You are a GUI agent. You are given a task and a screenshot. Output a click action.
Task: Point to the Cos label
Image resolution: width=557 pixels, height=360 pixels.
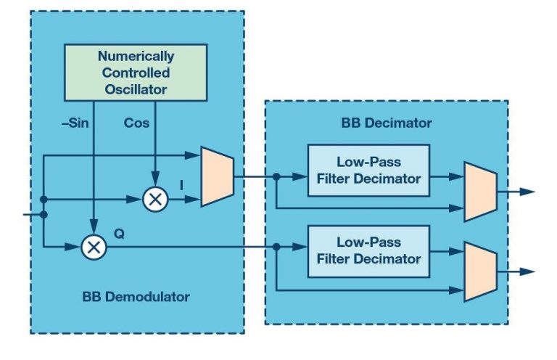coord(136,123)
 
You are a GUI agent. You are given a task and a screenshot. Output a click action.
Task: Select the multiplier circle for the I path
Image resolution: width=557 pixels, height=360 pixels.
coord(154,199)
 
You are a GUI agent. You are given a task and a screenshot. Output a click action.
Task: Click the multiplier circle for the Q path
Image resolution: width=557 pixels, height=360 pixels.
coord(93,247)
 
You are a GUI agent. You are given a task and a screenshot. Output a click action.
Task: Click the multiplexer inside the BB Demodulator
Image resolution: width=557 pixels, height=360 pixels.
coord(216,176)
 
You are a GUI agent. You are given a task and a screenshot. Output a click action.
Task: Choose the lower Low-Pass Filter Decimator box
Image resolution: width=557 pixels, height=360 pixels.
coord(368,251)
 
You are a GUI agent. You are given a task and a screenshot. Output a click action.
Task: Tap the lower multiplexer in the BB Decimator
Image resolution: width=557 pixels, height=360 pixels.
coord(479,271)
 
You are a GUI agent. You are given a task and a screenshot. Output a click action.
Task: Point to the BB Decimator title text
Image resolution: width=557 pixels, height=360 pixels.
coord(387,123)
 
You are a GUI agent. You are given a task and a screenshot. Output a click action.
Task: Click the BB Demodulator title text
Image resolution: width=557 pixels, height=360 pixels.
coord(136,297)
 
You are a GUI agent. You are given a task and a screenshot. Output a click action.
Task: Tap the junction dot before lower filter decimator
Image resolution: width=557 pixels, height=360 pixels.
coord(277,247)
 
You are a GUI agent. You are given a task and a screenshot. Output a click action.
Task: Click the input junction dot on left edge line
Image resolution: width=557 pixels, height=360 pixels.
coord(44,215)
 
